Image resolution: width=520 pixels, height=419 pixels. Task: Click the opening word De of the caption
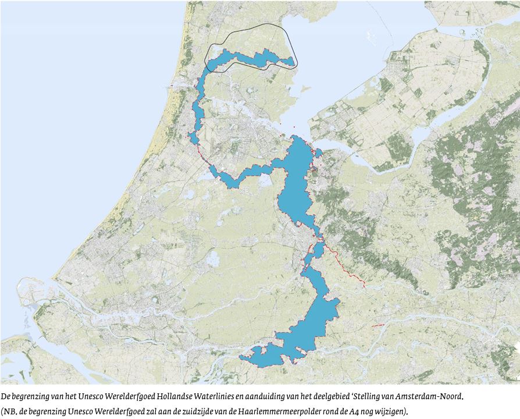(x=6, y=397)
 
